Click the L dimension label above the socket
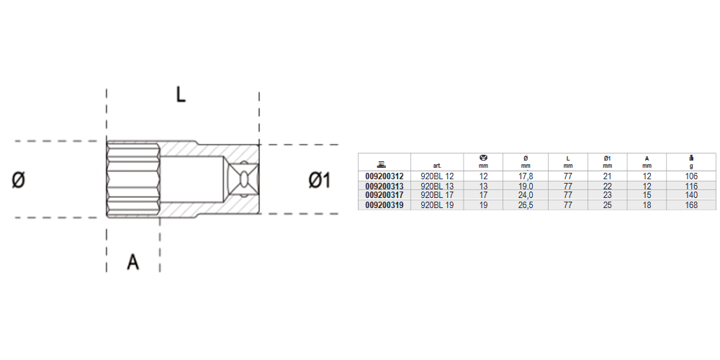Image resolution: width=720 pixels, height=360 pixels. coord(181,94)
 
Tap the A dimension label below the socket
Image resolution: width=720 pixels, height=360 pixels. coord(132,262)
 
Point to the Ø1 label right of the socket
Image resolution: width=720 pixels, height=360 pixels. coord(319,181)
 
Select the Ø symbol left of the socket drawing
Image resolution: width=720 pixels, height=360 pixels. coord(18,181)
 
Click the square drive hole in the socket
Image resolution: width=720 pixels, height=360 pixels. coord(243,179)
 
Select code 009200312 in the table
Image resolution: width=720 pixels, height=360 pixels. coord(384,176)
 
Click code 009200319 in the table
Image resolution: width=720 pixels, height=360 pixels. coord(384,205)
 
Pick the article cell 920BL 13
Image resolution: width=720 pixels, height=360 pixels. coord(437,186)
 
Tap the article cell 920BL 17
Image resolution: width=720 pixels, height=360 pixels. coord(437,196)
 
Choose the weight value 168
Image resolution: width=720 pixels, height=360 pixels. coord(690,205)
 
